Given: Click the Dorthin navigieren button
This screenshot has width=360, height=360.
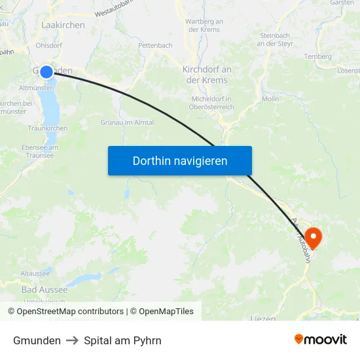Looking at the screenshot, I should point(180,160).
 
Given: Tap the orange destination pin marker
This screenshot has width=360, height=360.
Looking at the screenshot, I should point(314,237).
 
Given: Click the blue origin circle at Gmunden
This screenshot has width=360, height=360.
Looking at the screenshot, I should point(46,72).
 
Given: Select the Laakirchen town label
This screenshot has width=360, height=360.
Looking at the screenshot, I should point(63,25).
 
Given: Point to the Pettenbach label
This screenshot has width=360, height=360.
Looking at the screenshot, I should point(155,46).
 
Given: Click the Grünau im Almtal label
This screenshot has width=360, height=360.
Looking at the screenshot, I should point(127,122).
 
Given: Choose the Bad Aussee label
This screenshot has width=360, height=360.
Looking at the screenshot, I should point(45,289).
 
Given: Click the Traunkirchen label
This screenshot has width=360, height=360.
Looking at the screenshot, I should point(48,129).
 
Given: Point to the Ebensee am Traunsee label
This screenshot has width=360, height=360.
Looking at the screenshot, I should point(40,151).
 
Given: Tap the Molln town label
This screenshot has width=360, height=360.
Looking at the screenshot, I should point(270,99).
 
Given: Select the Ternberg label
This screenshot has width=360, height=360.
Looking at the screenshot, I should point(318,56).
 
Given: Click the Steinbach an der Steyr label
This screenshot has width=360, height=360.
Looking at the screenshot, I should point(274,39).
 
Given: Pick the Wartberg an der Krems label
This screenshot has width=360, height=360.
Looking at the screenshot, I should point(204,26).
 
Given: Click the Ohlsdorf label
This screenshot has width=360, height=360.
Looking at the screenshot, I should point(49,46).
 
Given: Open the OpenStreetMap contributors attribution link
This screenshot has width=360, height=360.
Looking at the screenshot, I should point(69,312).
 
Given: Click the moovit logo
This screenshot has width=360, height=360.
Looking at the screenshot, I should point(320,340).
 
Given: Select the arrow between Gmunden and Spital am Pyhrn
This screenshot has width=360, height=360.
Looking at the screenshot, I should point(72,340).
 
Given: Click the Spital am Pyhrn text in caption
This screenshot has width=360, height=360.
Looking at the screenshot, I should point(122,340).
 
